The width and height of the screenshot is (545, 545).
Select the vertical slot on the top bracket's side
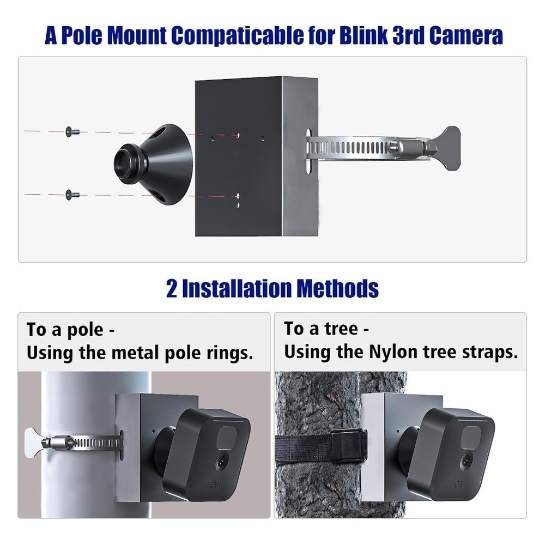click(x=308, y=152)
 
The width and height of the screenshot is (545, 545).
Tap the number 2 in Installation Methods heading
click(x=172, y=288)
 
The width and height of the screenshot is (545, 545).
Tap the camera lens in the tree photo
click(x=467, y=461)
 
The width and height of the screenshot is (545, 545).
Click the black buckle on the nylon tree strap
click(x=347, y=445)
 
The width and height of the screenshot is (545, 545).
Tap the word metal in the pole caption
click(x=132, y=353)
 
